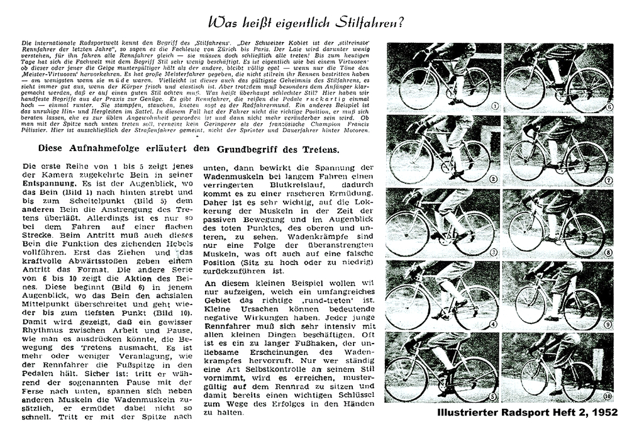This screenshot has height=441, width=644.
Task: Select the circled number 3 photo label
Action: pos(494,252)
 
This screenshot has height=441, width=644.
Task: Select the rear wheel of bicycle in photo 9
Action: pos(582,308)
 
